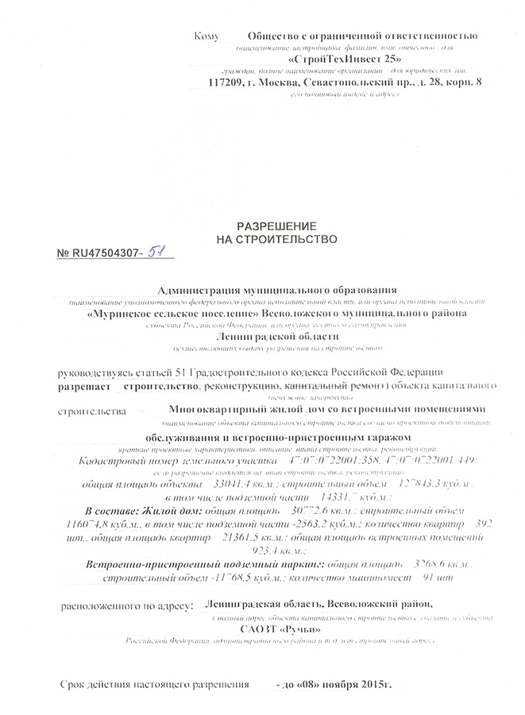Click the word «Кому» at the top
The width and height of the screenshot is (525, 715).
click(x=206, y=37)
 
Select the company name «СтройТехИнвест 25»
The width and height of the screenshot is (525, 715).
click(x=345, y=60)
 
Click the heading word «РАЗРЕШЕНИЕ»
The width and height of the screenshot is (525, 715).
click(x=267, y=226)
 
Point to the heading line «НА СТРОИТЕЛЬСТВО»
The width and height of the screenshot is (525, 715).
click(x=267, y=238)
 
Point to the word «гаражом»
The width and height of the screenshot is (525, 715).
click(x=387, y=439)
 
